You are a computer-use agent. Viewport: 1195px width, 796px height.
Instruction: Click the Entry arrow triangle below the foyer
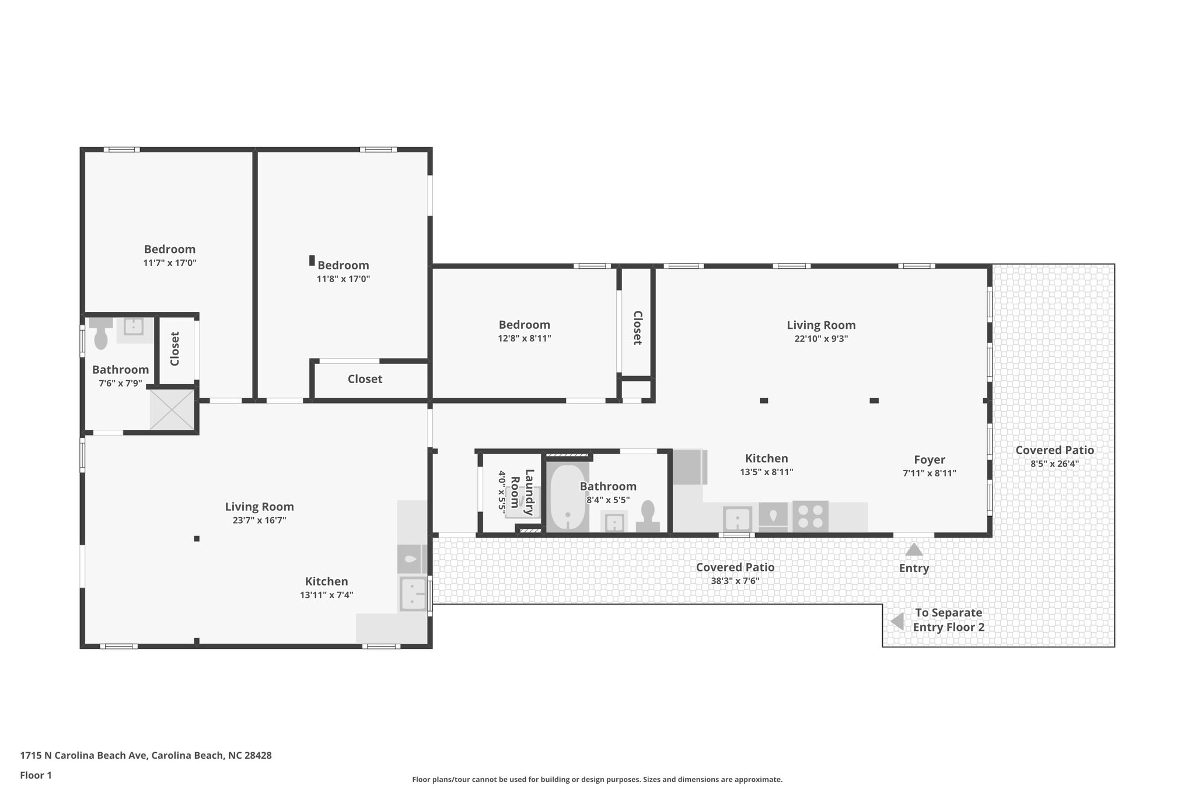[x=914, y=550]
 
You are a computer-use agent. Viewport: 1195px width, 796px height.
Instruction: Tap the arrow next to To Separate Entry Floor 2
[x=898, y=622]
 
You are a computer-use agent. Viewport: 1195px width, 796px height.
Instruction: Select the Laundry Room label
[x=522, y=492]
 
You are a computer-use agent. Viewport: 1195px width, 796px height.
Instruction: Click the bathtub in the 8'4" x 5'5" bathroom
[x=568, y=497]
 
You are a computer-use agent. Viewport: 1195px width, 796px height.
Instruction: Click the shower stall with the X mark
[x=172, y=410]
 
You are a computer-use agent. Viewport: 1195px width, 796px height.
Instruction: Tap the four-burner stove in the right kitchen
[x=810, y=516]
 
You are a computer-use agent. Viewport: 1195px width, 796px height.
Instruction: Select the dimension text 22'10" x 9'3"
[x=820, y=339]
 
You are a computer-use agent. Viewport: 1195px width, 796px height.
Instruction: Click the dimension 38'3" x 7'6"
[x=735, y=581]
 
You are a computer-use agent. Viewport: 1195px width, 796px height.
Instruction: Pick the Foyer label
[x=929, y=460]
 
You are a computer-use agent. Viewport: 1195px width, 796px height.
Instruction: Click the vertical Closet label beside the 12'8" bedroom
[x=637, y=328]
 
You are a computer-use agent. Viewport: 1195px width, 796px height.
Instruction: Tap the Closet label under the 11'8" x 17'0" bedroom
[x=365, y=379]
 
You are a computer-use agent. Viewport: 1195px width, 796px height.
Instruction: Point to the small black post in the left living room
[x=197, y=538]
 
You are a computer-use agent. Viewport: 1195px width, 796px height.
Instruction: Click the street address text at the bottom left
[x=146, y=755]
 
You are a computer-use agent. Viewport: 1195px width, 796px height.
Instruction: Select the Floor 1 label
[x=36, y=775]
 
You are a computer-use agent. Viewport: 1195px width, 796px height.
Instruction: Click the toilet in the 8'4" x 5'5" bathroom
[x=647, y=515]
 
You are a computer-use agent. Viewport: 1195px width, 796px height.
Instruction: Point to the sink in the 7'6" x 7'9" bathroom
[x=134, y=326]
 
